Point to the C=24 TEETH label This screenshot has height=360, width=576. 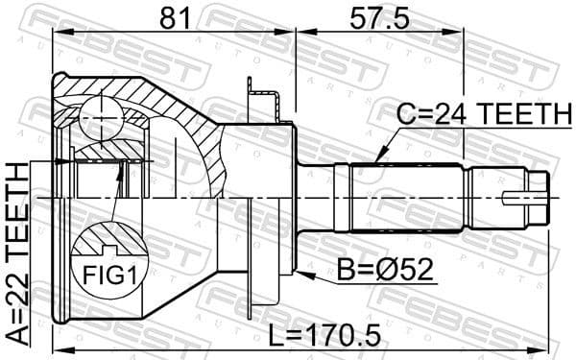(481, 115)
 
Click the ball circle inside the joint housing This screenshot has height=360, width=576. (101, 118)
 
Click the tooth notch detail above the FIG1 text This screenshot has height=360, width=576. (107, 239)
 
